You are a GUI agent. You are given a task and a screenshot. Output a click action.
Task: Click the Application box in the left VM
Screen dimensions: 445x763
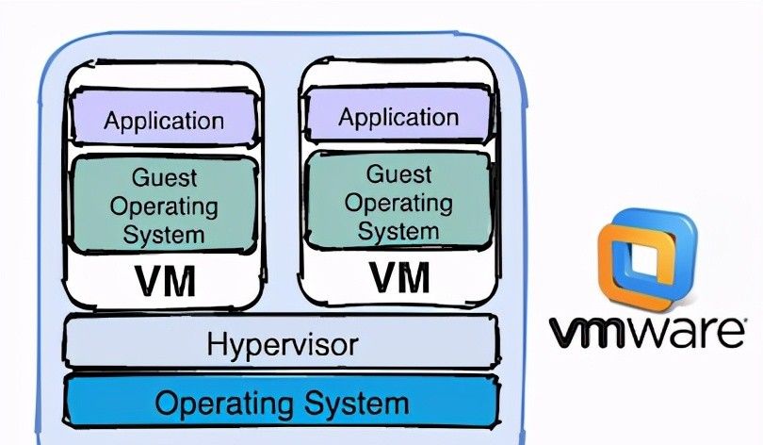pyautogui.click(x=165, y=120)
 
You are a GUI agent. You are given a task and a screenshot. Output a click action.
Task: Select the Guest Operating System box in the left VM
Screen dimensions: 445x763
pyautogui.click(x=165, y=205)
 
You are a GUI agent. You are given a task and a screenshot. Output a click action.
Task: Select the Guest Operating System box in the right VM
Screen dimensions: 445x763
pyautogui.click(x=399, y=201)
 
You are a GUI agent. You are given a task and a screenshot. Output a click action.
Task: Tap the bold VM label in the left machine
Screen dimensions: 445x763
pyautogui.click(x=165, y=281)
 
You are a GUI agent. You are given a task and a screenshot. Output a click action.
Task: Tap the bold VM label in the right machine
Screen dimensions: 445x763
pyautogui.click(x=399, y=277)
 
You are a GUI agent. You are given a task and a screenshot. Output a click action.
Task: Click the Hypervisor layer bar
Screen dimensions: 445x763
pyautogui.click(x=281, y=343)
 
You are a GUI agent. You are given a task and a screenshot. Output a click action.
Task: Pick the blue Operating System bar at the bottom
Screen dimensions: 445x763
pyautogui.click(x=281, y=403)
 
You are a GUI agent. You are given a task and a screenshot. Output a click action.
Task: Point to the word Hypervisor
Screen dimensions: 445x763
pyautogui.click(x=282, y=344)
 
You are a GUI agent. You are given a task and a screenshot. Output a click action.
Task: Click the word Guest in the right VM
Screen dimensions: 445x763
pyautogui.click(x=399, y=174)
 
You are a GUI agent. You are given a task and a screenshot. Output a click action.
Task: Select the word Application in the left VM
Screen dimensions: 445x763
pyautogui.click(x=165, y=121)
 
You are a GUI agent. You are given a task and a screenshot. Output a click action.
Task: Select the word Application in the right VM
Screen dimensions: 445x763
pyautogui.click(x=399, y=117)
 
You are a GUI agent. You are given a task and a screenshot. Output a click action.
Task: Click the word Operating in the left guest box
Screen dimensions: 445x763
pyautogui.click(x=165, y=206)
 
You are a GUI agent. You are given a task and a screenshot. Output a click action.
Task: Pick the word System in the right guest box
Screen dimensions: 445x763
pyautogui.click(x=399, y=229)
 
